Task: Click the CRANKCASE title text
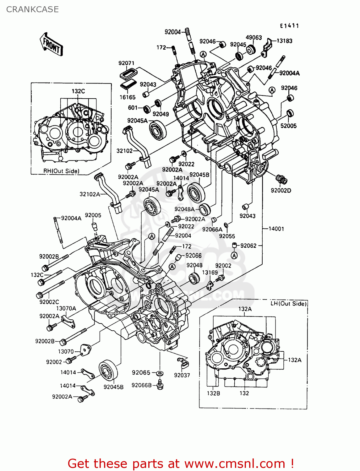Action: pyautogui.click(x=32, y=9)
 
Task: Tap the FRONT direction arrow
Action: pyautogui.click(x=52, y=45)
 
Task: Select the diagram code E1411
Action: pyautogui.click(x=289, y=26)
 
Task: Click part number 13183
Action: pyautogui.click(x=284, y=41)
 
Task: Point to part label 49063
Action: pyautogui.click(x=254, y=37)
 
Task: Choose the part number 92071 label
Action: pyautogui.click(x=126, y=63)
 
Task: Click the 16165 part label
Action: pyautogui.click(x=127, y=97)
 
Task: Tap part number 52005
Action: pyautogui.click(x=288, y=126)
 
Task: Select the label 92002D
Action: pyautogui.click(x=281, y=191)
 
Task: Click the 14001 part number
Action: pyautogui.click(x=276, y=229)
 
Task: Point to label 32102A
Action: pyautogui.click(x=90, y=194)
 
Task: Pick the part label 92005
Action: pyautogui.click(x=93, y=215)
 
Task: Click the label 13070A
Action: pyautogui.click(x=66, y=309)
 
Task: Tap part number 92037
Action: pyautogui.click(x=182, y=375)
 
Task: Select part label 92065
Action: pyautogui.click(x=141, y=373)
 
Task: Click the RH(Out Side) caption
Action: pyautogui.click(x=61, y=171)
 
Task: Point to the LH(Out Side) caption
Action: pyautogui.click(x=288, y=304)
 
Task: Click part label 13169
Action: pyautogui.click(x=210, y=273)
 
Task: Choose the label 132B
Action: pyautogui.click(x=213, y=393)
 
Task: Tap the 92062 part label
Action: pyautogui.click(x=248, y=246)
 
